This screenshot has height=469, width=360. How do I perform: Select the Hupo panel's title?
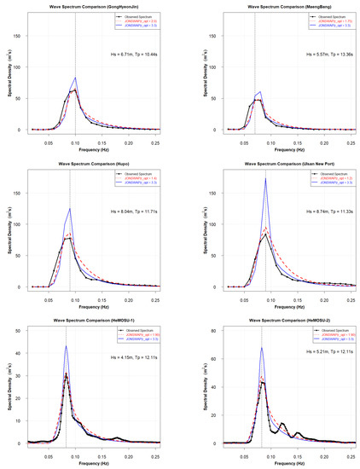(x=93, y=163)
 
